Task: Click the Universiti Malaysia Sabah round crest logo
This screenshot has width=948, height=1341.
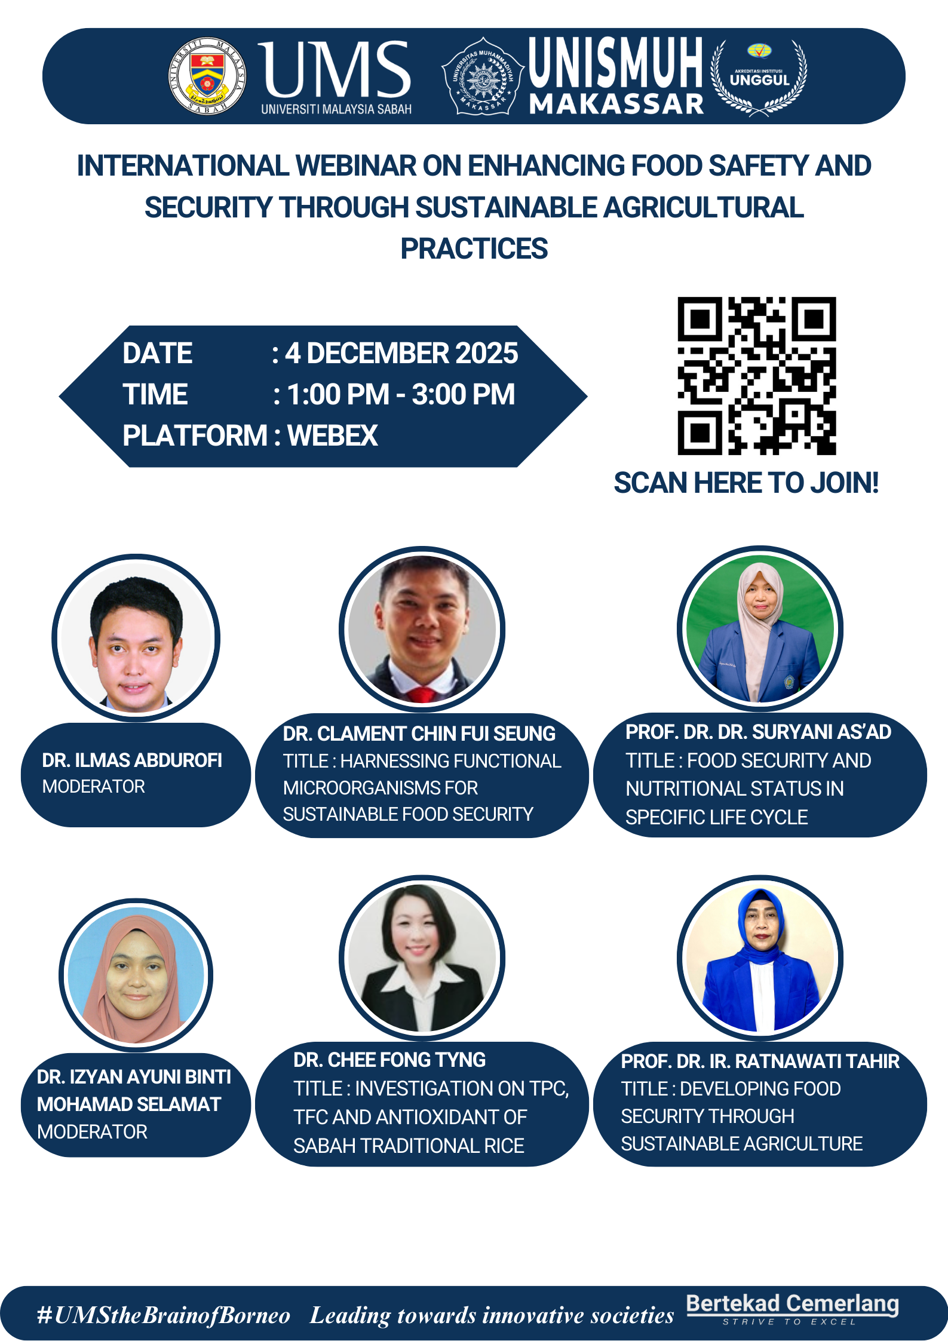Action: [x=207, y=76]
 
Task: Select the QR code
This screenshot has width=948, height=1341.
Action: [x=756, y=376]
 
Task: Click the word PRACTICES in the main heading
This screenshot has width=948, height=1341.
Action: [x=474, y=248]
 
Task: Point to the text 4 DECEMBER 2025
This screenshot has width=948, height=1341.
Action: [x=401, y=353]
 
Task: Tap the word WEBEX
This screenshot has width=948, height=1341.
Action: [x=333, y=435]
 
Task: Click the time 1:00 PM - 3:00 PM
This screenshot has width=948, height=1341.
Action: [x=401, y=394]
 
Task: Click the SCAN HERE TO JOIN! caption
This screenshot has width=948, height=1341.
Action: [x=746, y=483]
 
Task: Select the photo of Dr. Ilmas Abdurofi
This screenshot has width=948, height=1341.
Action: [x=136, y=637]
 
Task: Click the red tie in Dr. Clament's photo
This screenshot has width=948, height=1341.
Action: [x=422, y=695]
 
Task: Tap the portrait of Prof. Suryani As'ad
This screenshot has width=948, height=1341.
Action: [x=760, y=628]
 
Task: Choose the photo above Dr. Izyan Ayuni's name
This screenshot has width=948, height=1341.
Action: [x=136, y=975]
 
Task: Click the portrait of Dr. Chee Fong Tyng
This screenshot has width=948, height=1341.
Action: [x=422, y=958]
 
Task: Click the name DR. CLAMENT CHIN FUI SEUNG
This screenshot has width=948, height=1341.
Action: [x=419, y=734]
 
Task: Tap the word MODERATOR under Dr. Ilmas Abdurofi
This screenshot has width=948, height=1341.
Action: [x=94, y=787]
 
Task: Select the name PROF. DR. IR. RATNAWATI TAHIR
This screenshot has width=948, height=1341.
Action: [x=760, y=1061]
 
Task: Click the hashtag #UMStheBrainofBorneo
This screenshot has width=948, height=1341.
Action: [x=164, y=1315]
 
